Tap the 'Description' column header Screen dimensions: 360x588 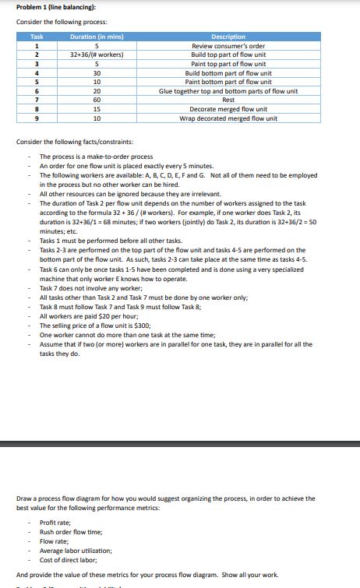tap(228, 37)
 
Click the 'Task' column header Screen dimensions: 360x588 tap(37, 37)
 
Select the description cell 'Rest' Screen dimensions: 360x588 tap(228, 100)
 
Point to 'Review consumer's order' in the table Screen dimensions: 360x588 tap(228, 46)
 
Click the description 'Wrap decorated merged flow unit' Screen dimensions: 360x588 tap(228, 118)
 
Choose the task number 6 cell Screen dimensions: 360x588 tap(37, 91)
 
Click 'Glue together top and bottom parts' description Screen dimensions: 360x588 tap(228, 91)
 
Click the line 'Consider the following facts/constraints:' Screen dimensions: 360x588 tap(75, 142)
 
